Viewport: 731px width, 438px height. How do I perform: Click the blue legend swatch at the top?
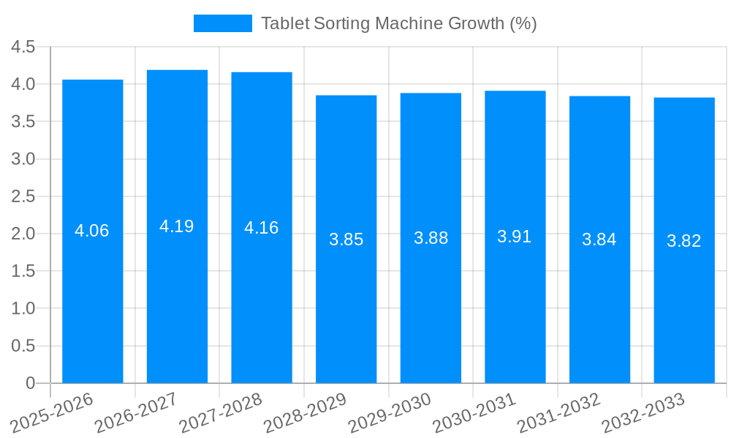(222, 23)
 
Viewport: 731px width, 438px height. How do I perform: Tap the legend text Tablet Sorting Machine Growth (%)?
(398, 23)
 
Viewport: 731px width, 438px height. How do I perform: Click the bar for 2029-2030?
(431, 307)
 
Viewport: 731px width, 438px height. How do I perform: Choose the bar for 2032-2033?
(684, 307)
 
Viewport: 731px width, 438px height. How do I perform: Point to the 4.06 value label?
(92, 231)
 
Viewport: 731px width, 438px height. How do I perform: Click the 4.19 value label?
(177, 226)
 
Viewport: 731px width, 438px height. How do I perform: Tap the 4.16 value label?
(262, 228)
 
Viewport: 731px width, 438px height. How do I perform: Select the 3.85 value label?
(346, 239)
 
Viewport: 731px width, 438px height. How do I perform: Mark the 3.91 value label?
(515, 237)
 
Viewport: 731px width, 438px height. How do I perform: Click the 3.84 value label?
(599, 239)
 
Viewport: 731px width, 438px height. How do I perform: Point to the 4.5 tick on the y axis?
(23, 47)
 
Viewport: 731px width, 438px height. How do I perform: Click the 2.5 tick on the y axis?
(23, 196)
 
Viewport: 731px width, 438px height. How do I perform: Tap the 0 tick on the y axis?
(30, 383)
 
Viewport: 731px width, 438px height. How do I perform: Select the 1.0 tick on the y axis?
(23, 309)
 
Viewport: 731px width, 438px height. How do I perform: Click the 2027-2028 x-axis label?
(221, 412)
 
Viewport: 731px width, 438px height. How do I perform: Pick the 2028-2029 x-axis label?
(306, 412)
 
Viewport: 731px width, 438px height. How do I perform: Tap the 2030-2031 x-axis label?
(474, 412)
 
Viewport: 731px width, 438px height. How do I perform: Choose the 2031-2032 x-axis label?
(559, 412)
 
